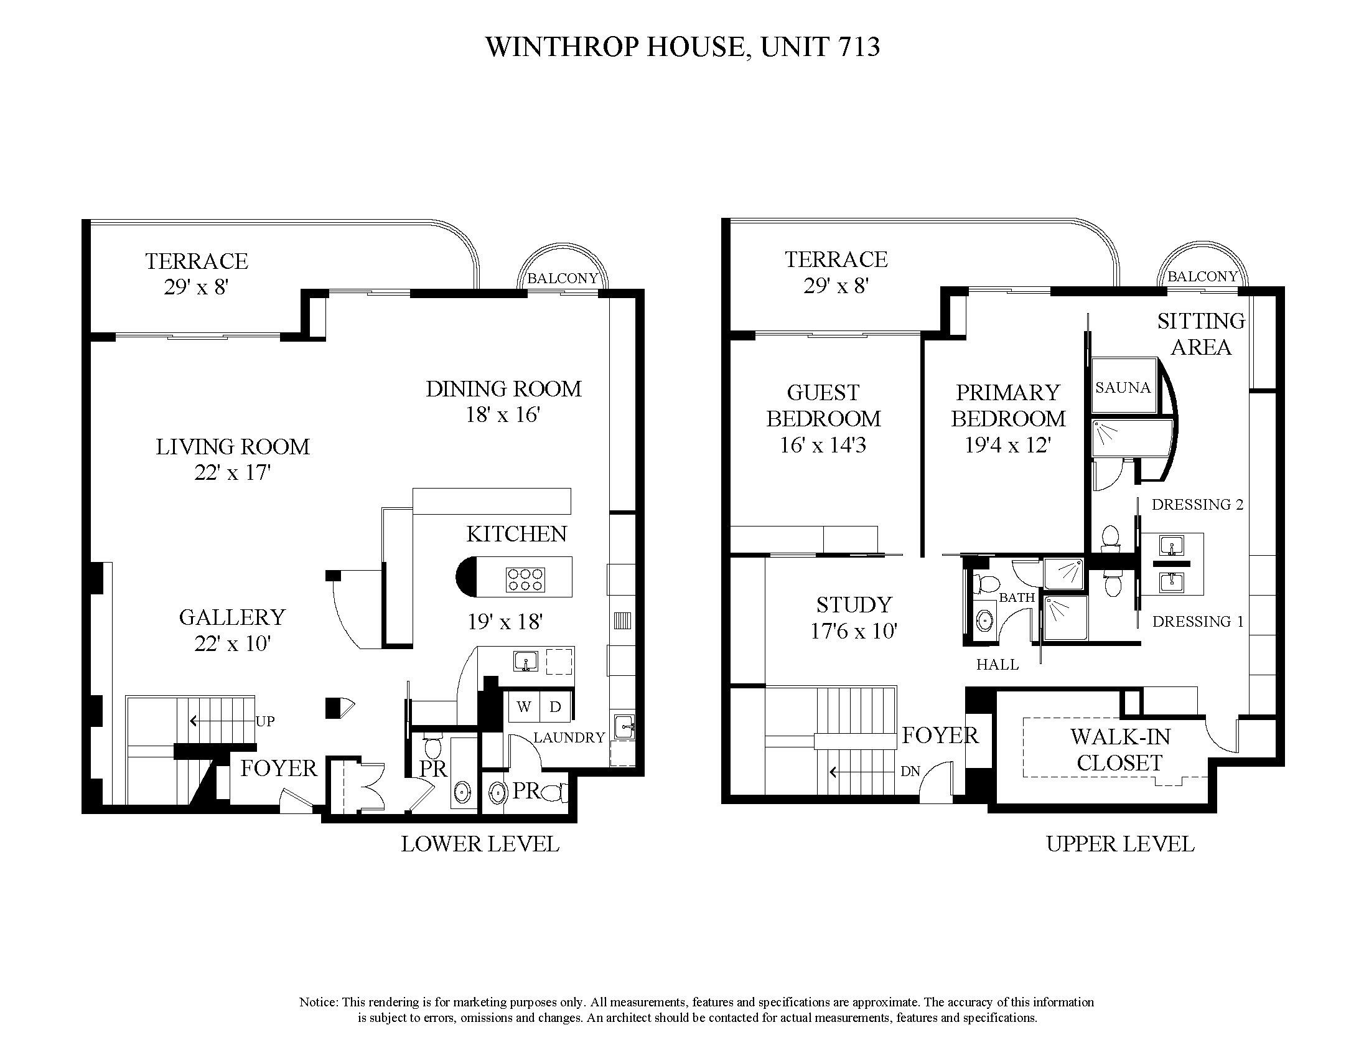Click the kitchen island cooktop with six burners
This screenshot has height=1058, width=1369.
click(525, 579)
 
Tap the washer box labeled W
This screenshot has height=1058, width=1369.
click(524, 707)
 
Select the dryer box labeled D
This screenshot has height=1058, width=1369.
click(554, 707)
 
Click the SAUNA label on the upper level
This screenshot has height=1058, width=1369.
click(1123, 387)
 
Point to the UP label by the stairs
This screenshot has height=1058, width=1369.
click(265, 721)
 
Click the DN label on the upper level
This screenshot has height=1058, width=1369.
click(910, 772)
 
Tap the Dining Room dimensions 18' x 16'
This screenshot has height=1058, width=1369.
click(503, 415)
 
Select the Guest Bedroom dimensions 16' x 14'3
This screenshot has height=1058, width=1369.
click(823, 445)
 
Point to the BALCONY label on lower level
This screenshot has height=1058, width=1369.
click(563, 278)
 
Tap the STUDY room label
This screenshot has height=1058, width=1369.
click(854, 604)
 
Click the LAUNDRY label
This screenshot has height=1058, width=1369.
click(569, 737)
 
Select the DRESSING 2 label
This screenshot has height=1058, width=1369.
click(1197, 505)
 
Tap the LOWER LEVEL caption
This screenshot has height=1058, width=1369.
click(480, 845)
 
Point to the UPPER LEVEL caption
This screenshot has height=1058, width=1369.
click(1120, 845)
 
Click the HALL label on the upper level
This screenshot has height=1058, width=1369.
click(998, 665)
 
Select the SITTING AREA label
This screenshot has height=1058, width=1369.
click(1200, 334)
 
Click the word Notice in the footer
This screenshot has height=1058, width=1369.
click(319, 1002)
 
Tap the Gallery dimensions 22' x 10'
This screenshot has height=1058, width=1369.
click(232, 644)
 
